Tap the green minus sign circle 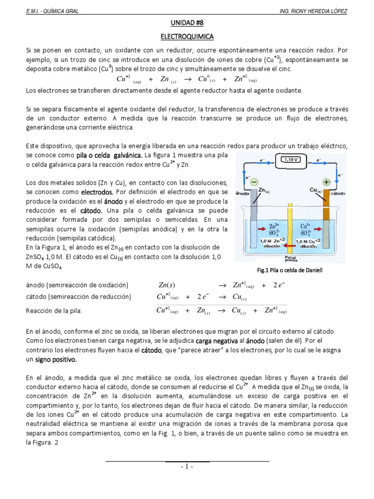point(254,182)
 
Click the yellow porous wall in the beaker point(291,224)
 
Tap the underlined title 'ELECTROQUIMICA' point(187,37)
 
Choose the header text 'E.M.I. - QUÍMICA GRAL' point(52,11)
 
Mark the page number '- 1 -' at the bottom point(187,466)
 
